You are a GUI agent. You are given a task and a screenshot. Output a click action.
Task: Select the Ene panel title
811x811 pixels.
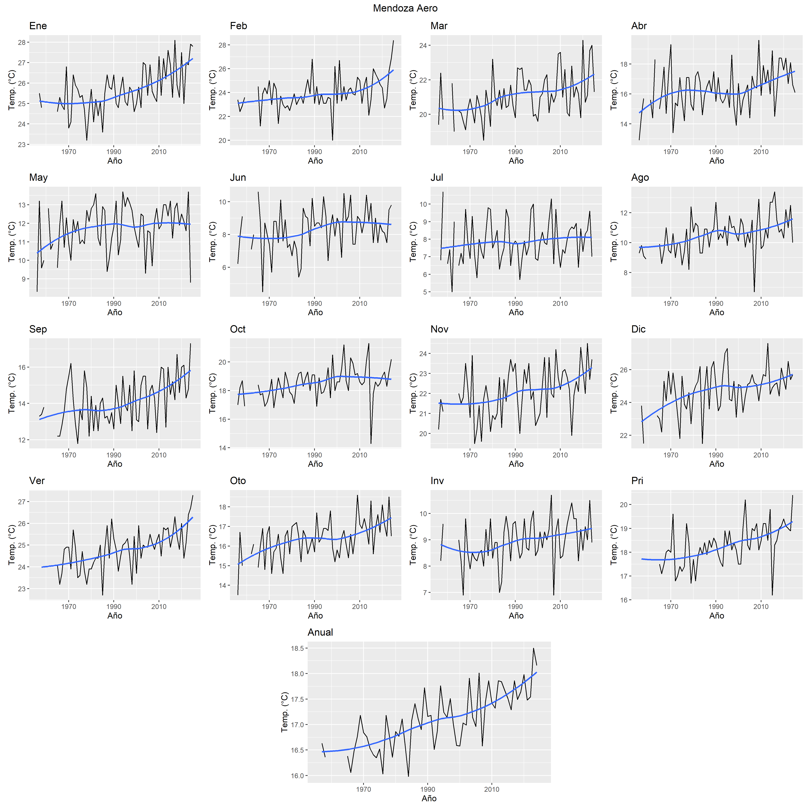38,26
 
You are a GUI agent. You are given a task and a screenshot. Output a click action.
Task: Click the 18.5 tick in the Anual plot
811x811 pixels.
297,649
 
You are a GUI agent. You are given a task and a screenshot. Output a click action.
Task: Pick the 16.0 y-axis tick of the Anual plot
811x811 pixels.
297,776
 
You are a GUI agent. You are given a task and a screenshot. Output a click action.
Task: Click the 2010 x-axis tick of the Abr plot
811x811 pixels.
761,152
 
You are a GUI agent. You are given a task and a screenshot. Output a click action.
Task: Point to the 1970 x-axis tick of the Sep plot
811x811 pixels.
69,455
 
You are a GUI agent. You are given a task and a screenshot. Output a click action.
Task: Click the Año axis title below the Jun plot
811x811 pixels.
315,313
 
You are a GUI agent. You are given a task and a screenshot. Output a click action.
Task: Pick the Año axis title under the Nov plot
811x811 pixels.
516,464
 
